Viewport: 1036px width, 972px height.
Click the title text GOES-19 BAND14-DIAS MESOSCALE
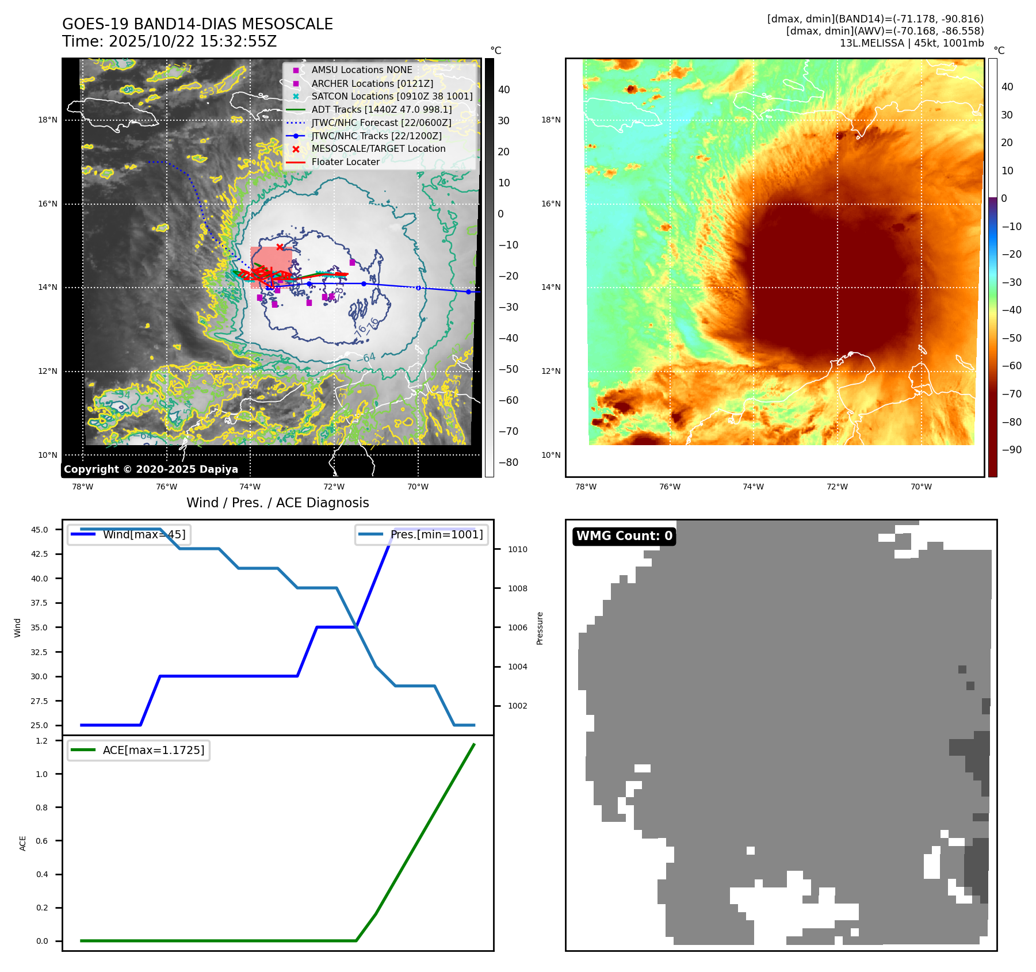pyautogui.click(x=197, y=24)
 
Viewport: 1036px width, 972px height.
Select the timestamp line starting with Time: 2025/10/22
pyautogui.click(x=169, y=41)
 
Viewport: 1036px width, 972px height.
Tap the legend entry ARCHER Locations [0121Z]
pyautogui.click(x=372, y=83)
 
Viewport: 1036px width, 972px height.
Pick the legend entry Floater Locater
pyautogui.click(x=345, y=162)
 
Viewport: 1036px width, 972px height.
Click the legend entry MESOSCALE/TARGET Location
pyautogui.click(x=378, y=149)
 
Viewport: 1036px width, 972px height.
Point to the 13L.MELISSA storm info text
pyautogui.click(x=911, y=43)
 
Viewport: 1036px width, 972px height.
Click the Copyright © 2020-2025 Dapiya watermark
pyautogui.click(x=151, y=469)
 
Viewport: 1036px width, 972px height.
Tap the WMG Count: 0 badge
pyautogui.click(x=624, y=536)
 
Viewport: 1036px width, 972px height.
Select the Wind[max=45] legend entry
pyautogui.click(x=144, y=534)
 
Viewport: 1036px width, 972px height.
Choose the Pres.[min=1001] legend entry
pyautogui.click(x=436, y=534)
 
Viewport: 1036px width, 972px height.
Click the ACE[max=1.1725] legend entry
pyautogui.click(x=153, y=750)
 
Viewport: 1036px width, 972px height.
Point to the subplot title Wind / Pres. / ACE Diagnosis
pyautogui.click(x=277, y=503)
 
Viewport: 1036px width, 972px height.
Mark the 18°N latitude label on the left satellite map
pyautogui.click(x=48, y=120)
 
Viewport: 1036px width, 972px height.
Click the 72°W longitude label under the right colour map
pyautogui.click(x=837, y=487)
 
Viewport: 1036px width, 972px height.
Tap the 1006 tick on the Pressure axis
pyautogui.click(x=517, y=627)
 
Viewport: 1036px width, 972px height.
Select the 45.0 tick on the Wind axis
pyautogui.click(x=39, y=530)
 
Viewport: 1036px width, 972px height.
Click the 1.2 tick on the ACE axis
pyautogui.click(x=42, y=741)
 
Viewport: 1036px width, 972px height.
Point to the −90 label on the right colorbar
pyautogui.click(x=1011, y=450)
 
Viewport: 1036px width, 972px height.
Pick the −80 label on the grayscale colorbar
pyautogui.click(x=508, y=462)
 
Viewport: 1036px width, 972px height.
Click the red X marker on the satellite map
pyautogui.click(x=280, y=247)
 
